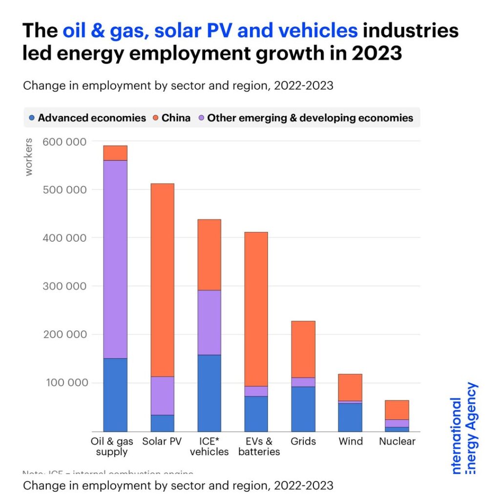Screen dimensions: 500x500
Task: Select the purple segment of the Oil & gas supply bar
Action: (x=115, y=259)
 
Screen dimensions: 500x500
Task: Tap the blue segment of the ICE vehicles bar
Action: (x=209, y=393)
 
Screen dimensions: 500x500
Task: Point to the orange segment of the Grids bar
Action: (x=303, y=349)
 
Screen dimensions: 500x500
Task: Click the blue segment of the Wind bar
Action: (x=350, y=417)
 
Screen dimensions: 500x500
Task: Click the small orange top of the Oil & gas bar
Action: (x=115, y=153)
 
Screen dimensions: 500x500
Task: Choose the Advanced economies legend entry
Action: (x=88, y=118)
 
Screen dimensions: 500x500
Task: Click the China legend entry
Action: (x=171, y=118)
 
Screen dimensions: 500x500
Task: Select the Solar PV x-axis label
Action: (x=162, y=441)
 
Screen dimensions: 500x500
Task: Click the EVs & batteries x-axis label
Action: (x=259, y=446)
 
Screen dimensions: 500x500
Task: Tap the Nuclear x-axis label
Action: (x=397, y=441)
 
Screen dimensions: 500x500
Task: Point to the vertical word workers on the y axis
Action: (x=29, y=157)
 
